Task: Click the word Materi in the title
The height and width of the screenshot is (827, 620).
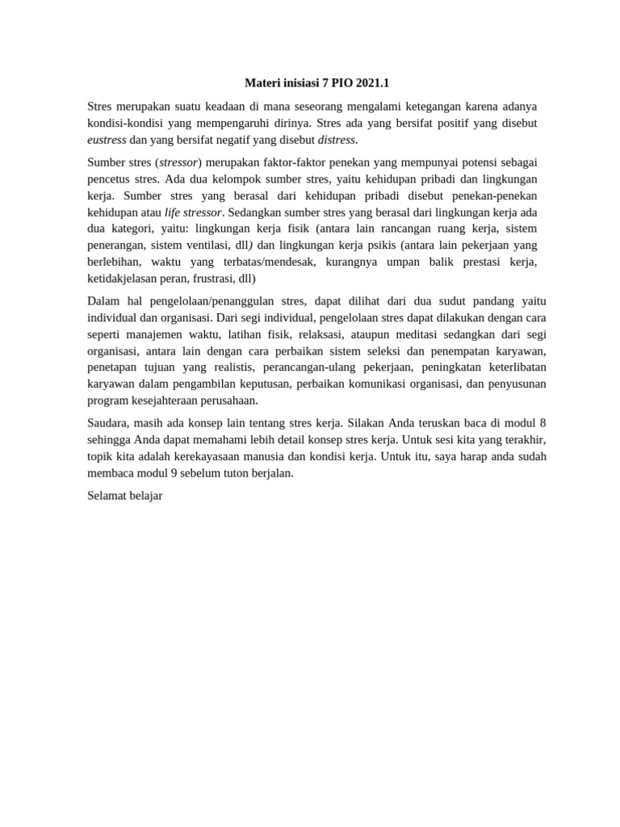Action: pyautogui.click(x=262, y=83)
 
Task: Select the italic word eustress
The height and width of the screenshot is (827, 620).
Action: pyautogui.click(x=107, y=140)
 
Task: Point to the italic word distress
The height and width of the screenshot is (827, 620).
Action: pyautogui.click(x=337, y=140)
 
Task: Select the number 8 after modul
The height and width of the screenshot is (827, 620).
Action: pyautogui.click(x=542, y=423)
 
